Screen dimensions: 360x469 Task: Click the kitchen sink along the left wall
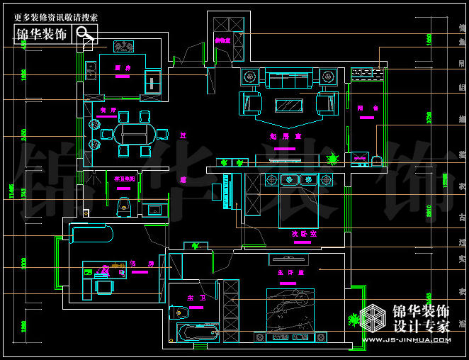click(x=91, y=70)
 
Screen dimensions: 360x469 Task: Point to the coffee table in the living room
click(x=289, y=105)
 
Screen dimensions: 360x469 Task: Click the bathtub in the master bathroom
click(x=196, y=332)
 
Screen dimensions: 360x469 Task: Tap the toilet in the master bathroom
click(x=178, y=311)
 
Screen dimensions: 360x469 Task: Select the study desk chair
click(x=104, y=287)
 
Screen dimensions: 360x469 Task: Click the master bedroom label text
click(x=290, y=272)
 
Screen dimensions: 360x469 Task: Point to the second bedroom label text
click(x=303, y=232)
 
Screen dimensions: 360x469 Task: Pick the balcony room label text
click(x=364, y=108)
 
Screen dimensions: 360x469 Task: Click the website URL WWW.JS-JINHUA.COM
click(x=405, y=340)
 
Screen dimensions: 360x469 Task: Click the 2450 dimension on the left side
click(x=23, y=133)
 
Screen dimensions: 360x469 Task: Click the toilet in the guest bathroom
click(x=125, y=206)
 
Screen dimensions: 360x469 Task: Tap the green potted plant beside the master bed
click(x=352, y=320)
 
